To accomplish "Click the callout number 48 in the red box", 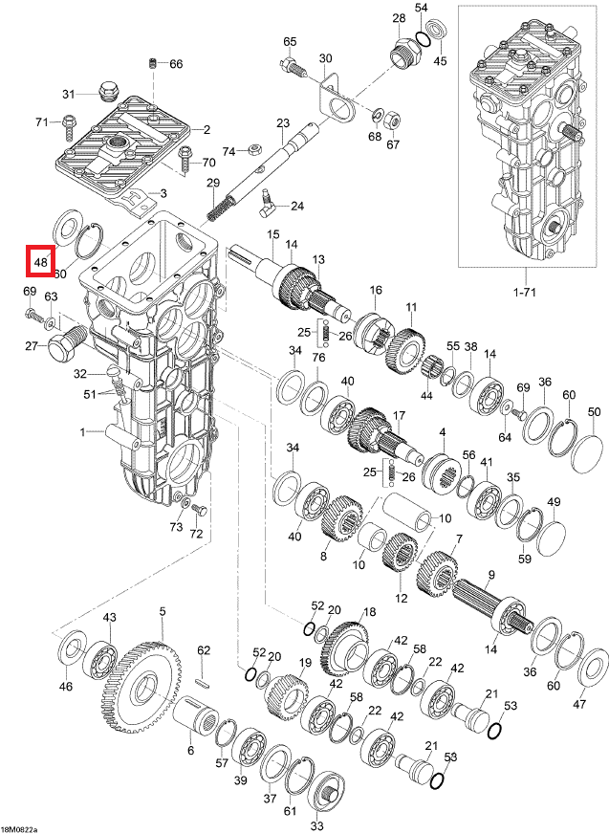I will [40, 260].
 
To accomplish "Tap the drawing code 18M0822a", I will [20, 827].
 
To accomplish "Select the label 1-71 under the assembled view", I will [524, 288].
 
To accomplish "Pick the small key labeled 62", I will [202, 682].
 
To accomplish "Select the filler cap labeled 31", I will [107, 94].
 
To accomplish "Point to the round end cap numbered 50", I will [586, 448].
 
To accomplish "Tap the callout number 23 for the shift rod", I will [283, 123].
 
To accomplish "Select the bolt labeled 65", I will [291, 66].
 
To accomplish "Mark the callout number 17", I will [399, 415].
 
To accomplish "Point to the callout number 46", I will [65, 686].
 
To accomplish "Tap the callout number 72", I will [197, 533].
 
